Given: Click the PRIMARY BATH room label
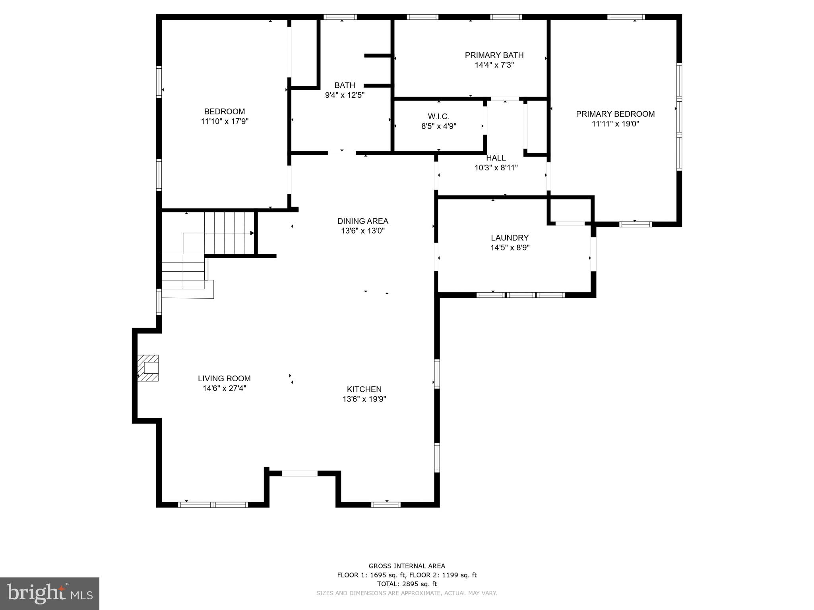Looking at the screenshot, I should pyautogui.click(x=494, y=55).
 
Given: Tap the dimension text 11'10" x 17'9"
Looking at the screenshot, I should pyautogui.click(x=225, y=122).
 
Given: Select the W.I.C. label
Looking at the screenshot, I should pyautogui.click(x=438, y=116).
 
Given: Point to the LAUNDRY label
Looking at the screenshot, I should pyautogui.click(x=510, y=238).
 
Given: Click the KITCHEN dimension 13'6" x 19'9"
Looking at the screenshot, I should pyautogui.click(x=364, y=399).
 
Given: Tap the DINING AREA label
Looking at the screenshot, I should pyautogui.click(x=362, y=221).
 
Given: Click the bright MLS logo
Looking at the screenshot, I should pyautogui.click(x=49, y=593).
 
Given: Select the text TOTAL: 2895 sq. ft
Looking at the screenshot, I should pyautogui.click(x=407, y=584).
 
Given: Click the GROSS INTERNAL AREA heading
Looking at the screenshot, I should pyautogui.click(x=407, y=566).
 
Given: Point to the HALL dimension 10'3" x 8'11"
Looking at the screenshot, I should pyautogui.click(x=496, y=168).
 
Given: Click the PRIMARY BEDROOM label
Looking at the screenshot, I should pyautogui.click(x=615, y=114).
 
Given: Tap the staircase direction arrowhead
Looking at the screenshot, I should pyautogui.click(x=252, y=233).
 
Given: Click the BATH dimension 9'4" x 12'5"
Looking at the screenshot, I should pyautogui.click(x=345, y=95).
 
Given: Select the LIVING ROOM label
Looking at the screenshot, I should pyautogui.click(x=224, y=378).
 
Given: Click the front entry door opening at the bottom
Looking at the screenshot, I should pyautogui.click(x=299, y=473).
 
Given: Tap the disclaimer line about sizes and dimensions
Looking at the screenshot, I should pyautogui.click(x=407, y=593).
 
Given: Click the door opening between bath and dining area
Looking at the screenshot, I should pyautogui.click(x=341, y=152).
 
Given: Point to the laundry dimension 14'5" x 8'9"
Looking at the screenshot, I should pyautogui.click(x=510, y=248).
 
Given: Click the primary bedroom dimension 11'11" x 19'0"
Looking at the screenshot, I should pyautogui.click(x=615, y=124).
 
